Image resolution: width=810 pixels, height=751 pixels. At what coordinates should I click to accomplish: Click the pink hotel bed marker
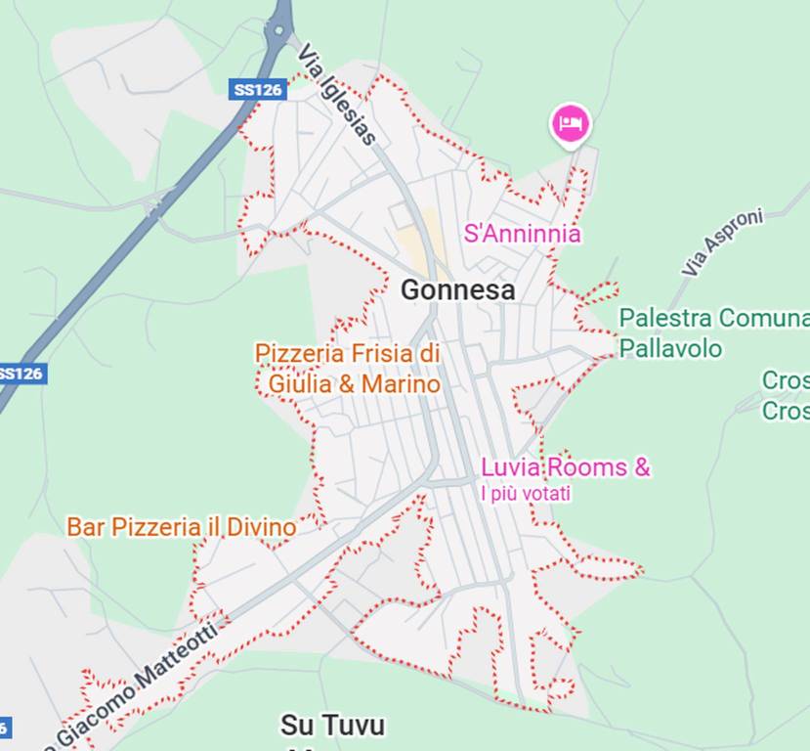(x=571, y=124)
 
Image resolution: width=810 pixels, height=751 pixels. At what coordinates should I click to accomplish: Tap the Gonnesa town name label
(x=457, y=290)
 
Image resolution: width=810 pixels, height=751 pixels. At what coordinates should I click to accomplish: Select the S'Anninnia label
(x=522, y=234)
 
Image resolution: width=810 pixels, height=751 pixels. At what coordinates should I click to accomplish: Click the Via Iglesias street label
(x=337, y=94)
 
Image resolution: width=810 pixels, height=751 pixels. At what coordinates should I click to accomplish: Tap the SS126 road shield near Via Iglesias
(x=258, y=90)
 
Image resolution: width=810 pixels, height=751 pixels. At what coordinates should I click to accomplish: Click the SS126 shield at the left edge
(x=21, y=374)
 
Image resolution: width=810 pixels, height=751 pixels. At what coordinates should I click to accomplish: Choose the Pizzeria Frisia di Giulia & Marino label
(x=348, y=369)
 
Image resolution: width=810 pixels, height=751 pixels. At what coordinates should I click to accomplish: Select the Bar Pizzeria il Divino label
(x=181, y=527)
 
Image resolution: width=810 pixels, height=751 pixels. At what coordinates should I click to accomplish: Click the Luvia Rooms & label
(x=566, y=467)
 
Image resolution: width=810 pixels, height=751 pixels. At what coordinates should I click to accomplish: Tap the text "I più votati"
(x=526, y=494)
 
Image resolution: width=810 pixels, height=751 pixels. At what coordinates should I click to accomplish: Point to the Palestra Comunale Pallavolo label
(x=713, y=332)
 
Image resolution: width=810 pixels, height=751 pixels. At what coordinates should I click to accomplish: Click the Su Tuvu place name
(x=332, y=726)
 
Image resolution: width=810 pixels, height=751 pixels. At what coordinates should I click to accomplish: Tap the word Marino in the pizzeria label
(x=401, y=384)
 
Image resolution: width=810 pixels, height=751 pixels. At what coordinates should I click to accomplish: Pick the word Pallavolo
(x=671, y=348)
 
